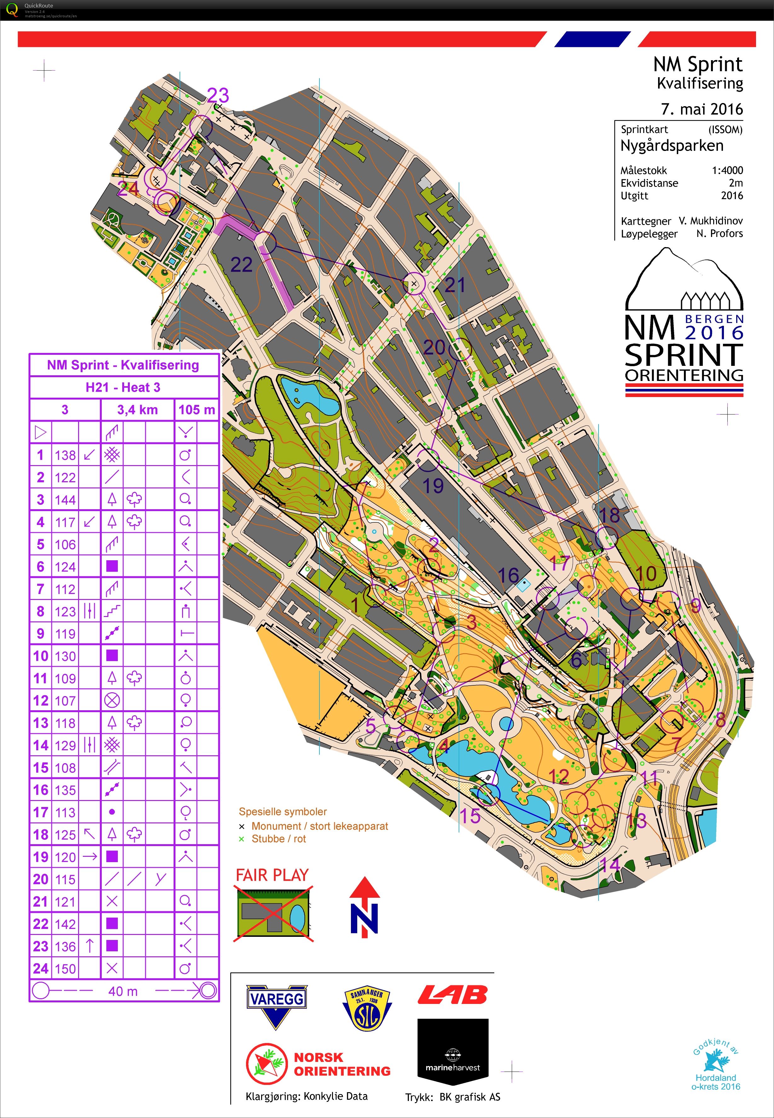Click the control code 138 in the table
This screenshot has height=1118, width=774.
tap(65, 455)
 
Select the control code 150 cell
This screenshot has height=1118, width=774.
tap(65, 969)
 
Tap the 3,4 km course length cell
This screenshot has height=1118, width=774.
tap(137, 410)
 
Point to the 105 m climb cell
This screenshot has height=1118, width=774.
tap(196, 410)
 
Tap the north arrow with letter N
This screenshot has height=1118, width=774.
tap(365, 907)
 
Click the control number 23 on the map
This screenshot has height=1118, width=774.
tap(218, 95)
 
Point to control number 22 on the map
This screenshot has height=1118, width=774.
tap(241, 264)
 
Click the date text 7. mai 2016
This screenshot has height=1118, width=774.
tap(701, 109)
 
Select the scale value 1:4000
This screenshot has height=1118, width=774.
tap(727, 170)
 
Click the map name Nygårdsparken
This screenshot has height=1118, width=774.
tap(672, 146)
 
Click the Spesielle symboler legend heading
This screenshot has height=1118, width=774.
tap(283, 811)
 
